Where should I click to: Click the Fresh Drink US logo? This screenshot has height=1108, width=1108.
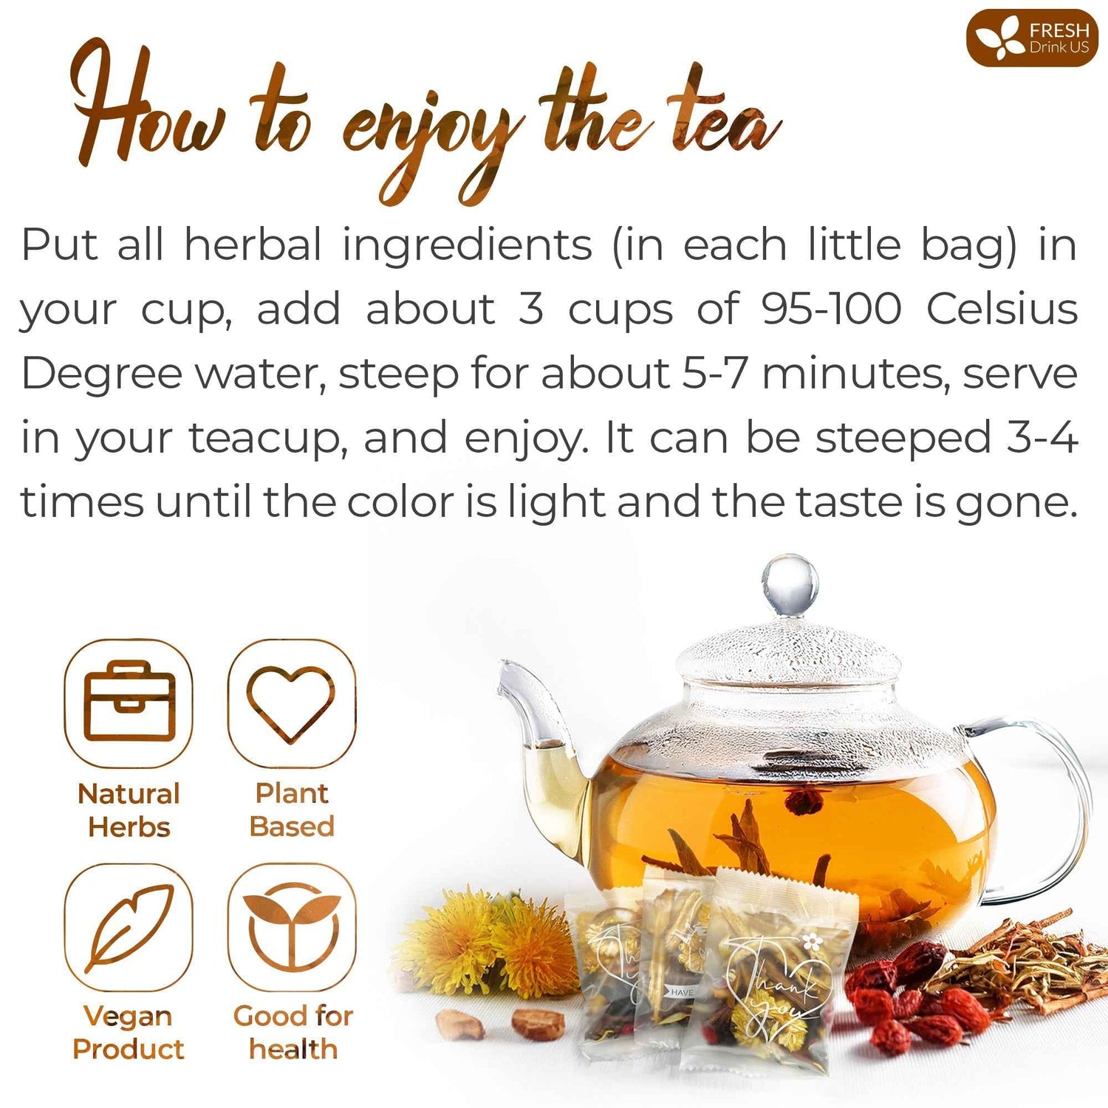tap(1032, 38)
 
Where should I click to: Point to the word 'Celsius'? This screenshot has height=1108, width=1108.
tap(1002, 308)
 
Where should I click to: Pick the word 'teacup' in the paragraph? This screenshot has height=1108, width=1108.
tap(267, 438)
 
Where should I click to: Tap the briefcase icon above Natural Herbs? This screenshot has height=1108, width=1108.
tap(129, 702)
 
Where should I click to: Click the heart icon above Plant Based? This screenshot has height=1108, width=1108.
tap(291, 702)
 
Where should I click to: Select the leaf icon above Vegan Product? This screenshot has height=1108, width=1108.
tap(129, 928)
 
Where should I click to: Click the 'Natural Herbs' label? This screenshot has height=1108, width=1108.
tap(129, 810)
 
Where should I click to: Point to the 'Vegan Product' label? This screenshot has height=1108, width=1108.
tap(129, 1032)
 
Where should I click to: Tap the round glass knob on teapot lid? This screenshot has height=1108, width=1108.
tap(790, 584)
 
